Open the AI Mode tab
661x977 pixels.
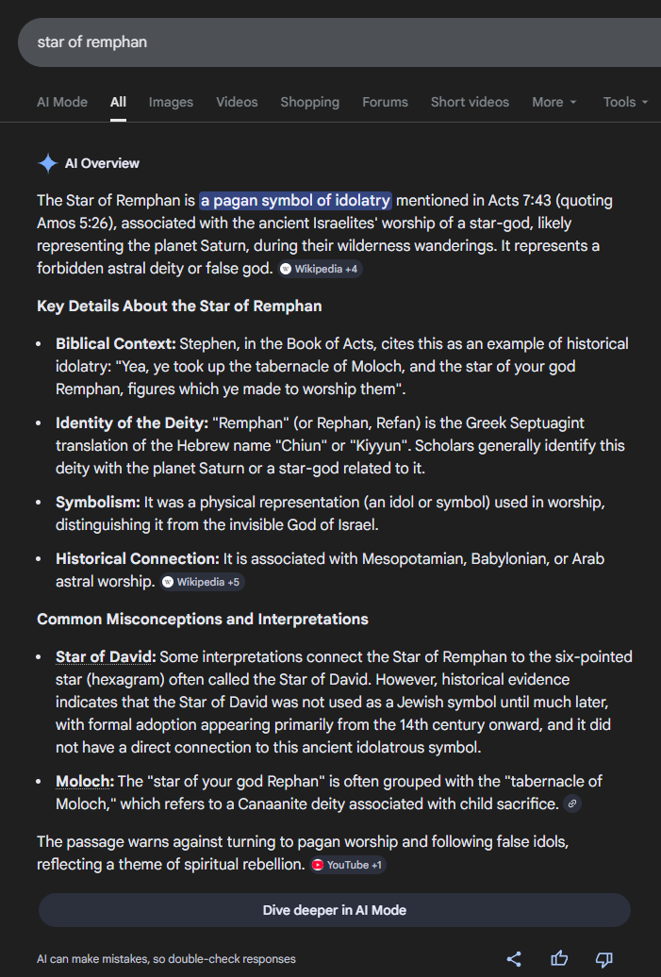62,102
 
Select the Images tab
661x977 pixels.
171,102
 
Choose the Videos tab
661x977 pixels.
237,102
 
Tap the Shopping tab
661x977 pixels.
309,102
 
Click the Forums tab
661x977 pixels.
385,102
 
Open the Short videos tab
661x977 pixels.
470,102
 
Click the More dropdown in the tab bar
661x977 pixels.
554,102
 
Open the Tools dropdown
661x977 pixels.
625,102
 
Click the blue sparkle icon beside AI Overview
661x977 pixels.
48,163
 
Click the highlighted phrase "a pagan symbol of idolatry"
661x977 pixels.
295,200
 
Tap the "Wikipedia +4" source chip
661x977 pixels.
321,269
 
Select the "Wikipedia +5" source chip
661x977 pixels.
202,582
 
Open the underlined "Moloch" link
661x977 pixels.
84,781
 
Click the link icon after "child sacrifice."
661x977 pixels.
572,803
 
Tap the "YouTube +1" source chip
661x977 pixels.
348,865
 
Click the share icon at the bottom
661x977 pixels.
514,959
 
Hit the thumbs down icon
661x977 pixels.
604,959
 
